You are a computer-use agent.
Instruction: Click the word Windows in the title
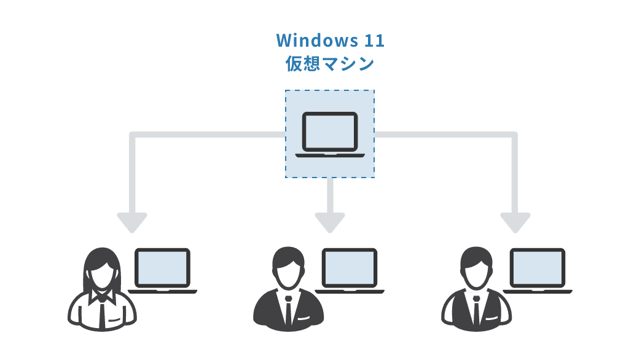[313, 41]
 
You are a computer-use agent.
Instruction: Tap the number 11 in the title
[374, 41]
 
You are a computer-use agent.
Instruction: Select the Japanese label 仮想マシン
[330, 64]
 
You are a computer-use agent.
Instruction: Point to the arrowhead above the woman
[132, 222]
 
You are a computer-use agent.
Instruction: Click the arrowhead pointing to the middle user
[330, 222]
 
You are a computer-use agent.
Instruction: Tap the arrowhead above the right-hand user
[515, 222]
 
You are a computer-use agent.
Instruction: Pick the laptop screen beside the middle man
[350, 267]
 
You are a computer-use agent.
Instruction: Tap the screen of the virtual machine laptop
[330, 131]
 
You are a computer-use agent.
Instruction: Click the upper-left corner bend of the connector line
[133, 135]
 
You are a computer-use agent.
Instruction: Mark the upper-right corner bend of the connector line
[514, 135]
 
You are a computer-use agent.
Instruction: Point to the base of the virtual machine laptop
[330, 154]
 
